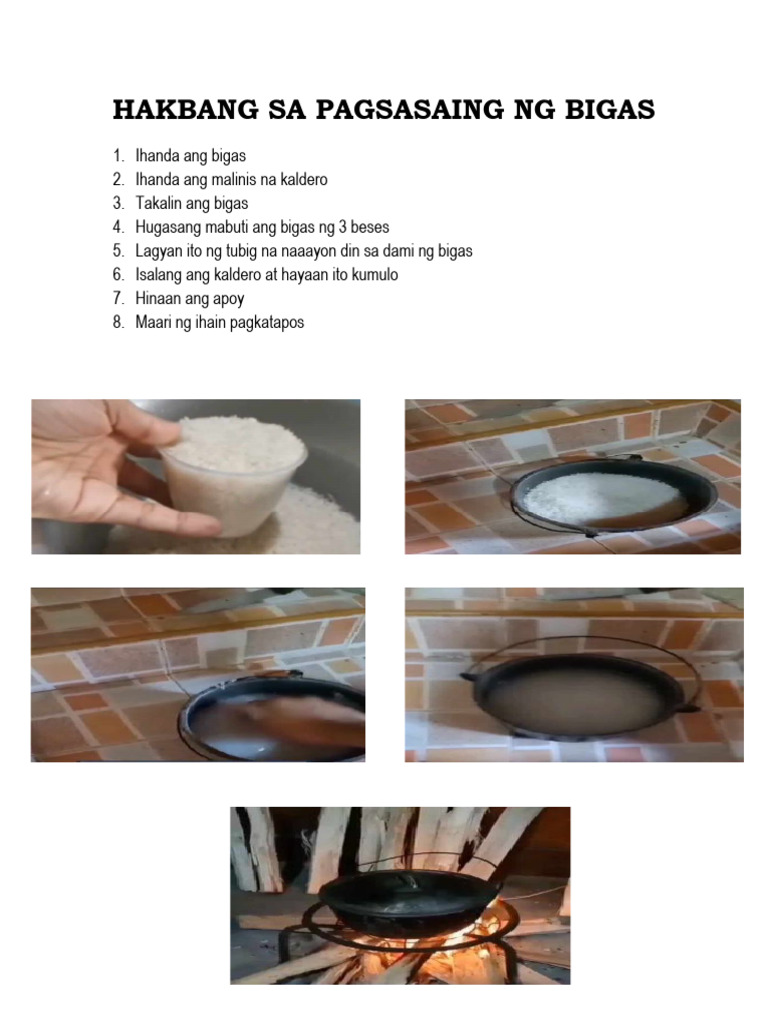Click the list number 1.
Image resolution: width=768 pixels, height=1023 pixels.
click(118, 156)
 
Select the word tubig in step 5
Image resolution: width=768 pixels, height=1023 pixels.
click(228, 251)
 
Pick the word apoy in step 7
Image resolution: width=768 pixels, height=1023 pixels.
click(227, 299)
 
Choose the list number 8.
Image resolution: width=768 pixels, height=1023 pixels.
click(118, 323)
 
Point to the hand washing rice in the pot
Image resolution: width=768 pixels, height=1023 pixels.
click(300, 719)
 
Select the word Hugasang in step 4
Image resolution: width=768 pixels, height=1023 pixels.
click(167, 228)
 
